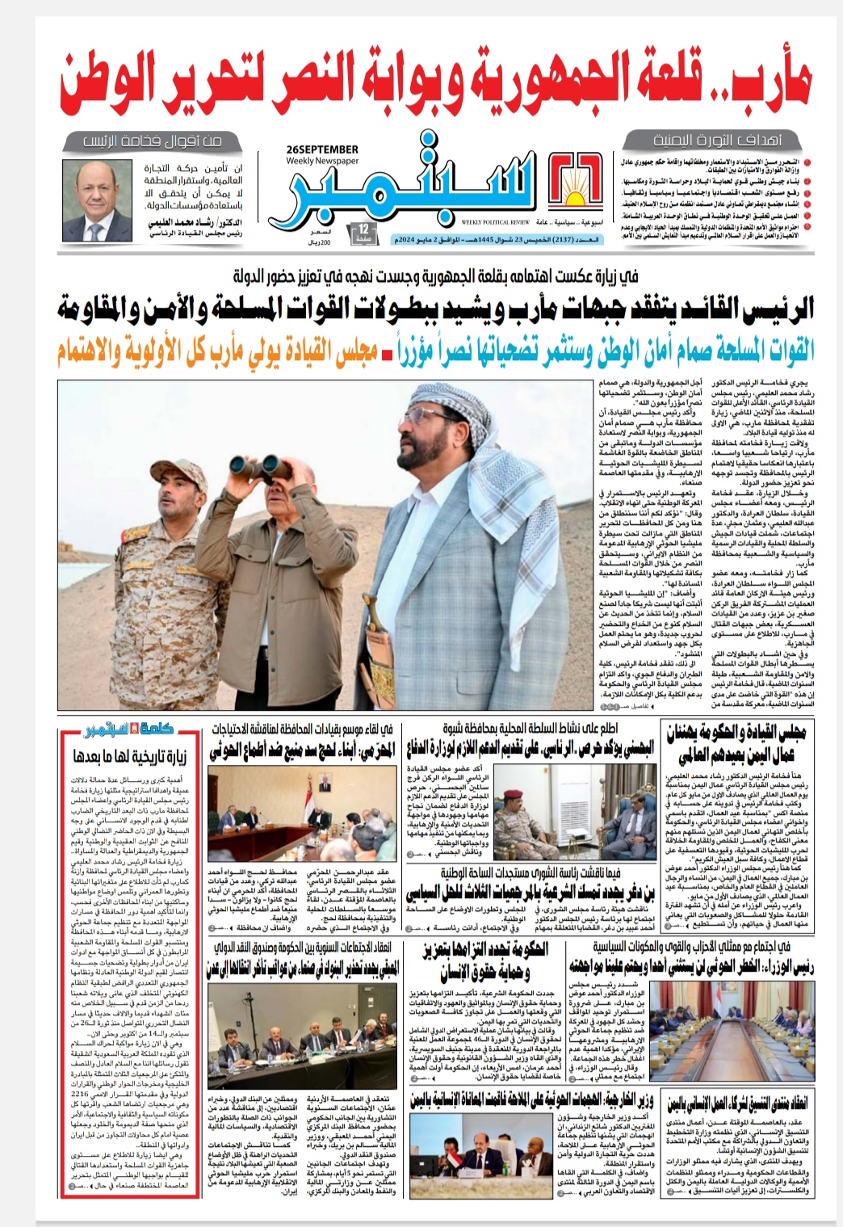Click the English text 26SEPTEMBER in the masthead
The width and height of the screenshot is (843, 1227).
(x=321, y=149)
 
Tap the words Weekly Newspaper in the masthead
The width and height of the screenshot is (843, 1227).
(x=321, y=161)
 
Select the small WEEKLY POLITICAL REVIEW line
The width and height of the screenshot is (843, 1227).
(x=496, y=221)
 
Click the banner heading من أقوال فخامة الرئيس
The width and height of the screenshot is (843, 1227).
(x=153, y=141)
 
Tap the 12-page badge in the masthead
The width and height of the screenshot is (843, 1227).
(x=363, y=234)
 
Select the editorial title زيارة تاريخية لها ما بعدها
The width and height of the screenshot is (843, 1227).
(x=131, y=756)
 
